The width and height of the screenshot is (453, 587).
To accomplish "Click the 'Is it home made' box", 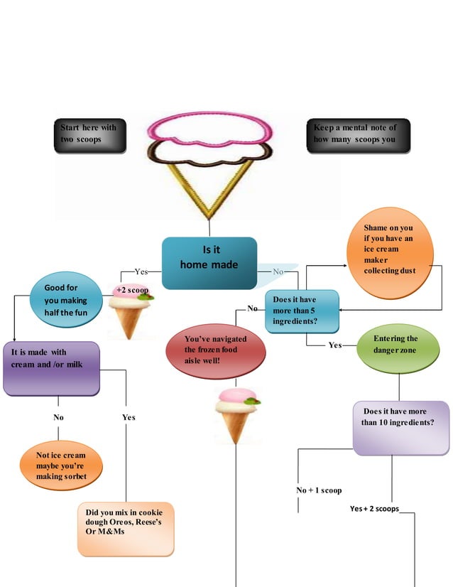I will point(209,262).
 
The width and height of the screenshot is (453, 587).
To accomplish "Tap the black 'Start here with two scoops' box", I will point(91,136).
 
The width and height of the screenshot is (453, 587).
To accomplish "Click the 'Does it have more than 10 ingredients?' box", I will point(400,427).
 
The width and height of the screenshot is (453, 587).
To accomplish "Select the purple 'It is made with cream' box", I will point(51,368).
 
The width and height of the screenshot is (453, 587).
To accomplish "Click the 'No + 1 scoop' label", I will point(319,490).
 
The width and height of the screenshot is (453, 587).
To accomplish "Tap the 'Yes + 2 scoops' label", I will point(374,509).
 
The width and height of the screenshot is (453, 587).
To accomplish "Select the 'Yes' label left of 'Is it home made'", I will point(141,271).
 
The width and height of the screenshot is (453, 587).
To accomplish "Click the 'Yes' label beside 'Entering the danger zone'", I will point(335,345).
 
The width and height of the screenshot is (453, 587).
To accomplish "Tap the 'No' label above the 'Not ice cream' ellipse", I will point(58,417).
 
